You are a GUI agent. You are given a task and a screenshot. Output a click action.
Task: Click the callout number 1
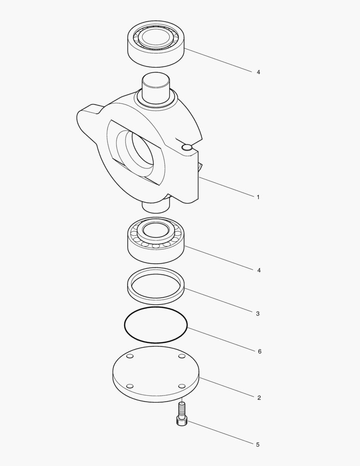258,197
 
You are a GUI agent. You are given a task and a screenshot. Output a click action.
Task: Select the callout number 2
259,398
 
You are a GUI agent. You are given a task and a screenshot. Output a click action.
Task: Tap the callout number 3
258,314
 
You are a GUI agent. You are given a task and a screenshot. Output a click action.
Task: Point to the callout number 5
258,444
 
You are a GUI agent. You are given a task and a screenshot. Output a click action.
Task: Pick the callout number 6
260,352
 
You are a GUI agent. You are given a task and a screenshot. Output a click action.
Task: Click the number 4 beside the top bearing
258,72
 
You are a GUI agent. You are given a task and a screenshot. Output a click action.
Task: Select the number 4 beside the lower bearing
259,271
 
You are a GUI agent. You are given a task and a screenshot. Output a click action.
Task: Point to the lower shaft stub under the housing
156,207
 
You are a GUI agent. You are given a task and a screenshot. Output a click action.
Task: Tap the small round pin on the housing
187,148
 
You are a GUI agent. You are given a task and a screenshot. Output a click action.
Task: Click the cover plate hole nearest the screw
182,386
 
